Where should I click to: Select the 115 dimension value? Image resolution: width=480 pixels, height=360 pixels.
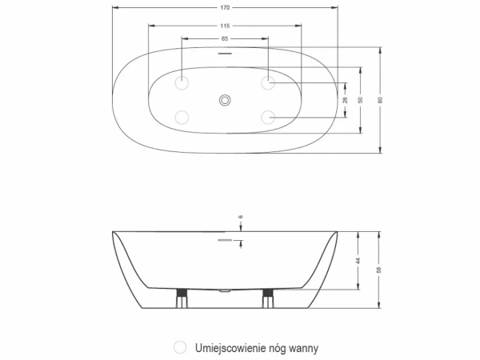[225, 26]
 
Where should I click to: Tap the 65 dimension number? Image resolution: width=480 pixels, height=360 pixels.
[225, 39]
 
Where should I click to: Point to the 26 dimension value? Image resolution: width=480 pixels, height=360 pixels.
[346, 100]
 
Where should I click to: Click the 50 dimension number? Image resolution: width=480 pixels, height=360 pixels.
[361, 100]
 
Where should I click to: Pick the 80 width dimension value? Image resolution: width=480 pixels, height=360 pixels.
[381, 100]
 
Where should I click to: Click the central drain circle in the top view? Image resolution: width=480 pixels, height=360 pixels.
[225, 100]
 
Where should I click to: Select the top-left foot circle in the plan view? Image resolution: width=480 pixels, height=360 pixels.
[183, 82]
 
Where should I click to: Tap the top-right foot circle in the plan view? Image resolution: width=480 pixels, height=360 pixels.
[267, 82]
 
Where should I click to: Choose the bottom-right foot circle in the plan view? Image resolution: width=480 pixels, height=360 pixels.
[267, 118]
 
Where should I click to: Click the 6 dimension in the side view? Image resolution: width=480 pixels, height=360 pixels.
[240, 217]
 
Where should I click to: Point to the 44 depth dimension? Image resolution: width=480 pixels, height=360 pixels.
[358, 261]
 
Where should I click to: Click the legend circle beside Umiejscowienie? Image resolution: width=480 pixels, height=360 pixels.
[178, 347]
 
